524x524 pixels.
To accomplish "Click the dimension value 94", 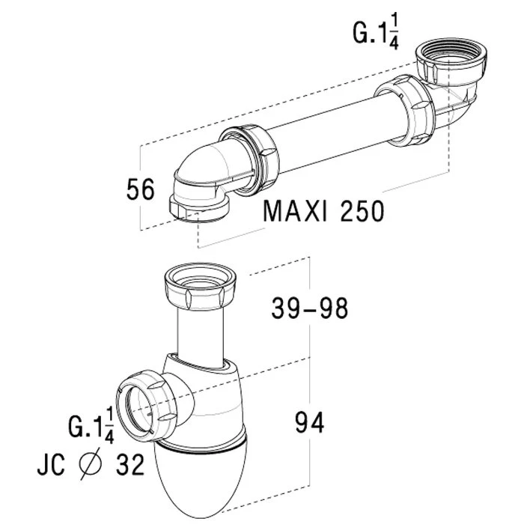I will [x=308, y=424].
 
